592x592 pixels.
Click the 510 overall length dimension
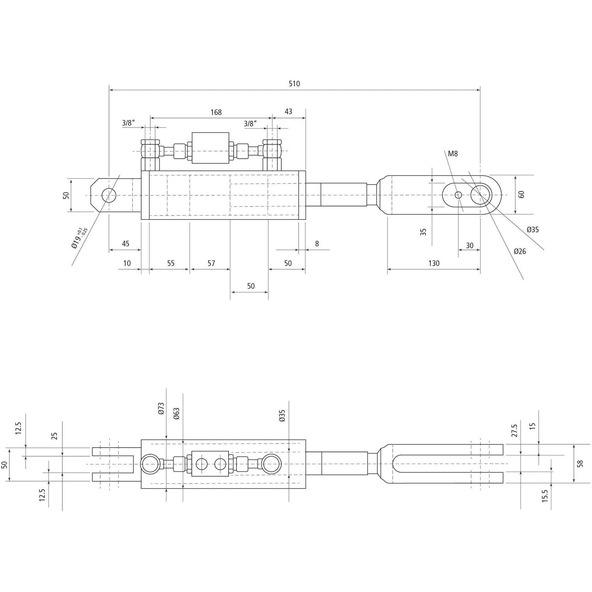click(294, 84)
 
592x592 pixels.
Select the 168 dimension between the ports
click(216, 112)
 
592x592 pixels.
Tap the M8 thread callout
click(453, 154)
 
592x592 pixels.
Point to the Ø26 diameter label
click(519, 251)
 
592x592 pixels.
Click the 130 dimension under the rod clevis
click(433, 263)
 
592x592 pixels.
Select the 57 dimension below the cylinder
click(211, 263)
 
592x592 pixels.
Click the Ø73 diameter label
click(161, 408)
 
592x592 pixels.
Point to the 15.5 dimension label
click(545, 496)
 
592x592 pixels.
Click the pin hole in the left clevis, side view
click(109, 195)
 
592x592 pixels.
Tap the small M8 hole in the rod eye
click(458, 195)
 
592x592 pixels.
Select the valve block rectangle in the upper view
click(210, 148)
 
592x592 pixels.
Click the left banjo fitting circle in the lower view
click(150, 464)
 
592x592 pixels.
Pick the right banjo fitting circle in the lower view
click(271, 464)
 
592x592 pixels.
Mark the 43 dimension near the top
click(288, 111)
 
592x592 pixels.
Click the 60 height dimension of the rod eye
click(521, 194)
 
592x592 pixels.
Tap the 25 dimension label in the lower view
click(55, 436)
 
